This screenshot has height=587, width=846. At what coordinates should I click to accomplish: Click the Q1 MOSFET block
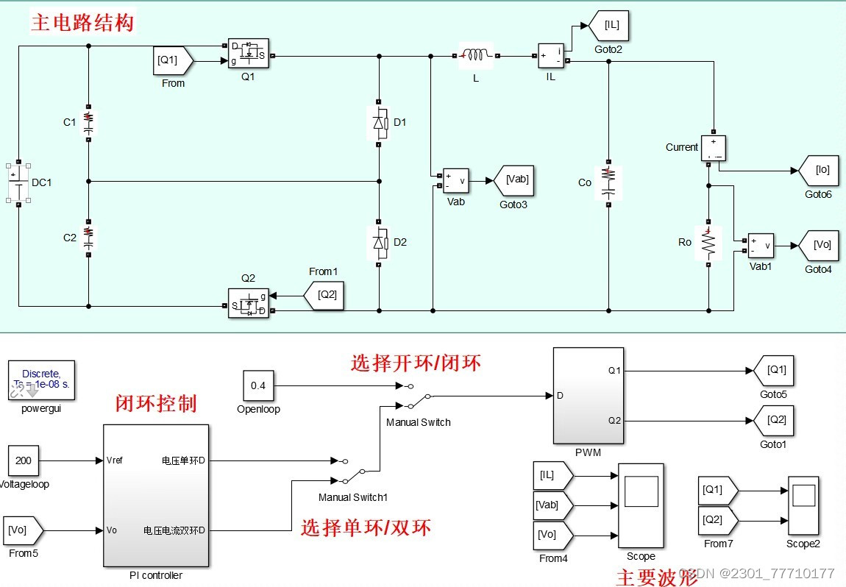248,54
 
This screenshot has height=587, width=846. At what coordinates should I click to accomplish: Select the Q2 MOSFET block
248,302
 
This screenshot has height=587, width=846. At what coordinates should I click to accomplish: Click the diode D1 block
378,123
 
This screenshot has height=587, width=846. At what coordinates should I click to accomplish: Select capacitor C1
88,122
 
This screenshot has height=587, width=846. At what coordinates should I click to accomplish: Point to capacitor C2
88,235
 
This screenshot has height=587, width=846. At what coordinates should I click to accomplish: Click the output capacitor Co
608,182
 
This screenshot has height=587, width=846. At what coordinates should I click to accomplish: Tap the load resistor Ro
708,242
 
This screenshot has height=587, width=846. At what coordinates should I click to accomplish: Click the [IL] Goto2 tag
609,26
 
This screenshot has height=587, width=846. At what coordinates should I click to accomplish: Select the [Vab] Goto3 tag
515,179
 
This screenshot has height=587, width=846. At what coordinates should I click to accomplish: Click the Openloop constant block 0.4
258,385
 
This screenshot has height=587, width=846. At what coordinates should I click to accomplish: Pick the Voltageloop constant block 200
24,460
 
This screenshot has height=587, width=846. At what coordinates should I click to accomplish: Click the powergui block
42,380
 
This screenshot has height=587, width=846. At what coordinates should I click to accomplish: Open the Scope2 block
803,505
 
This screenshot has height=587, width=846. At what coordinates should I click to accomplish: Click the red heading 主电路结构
82,23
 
